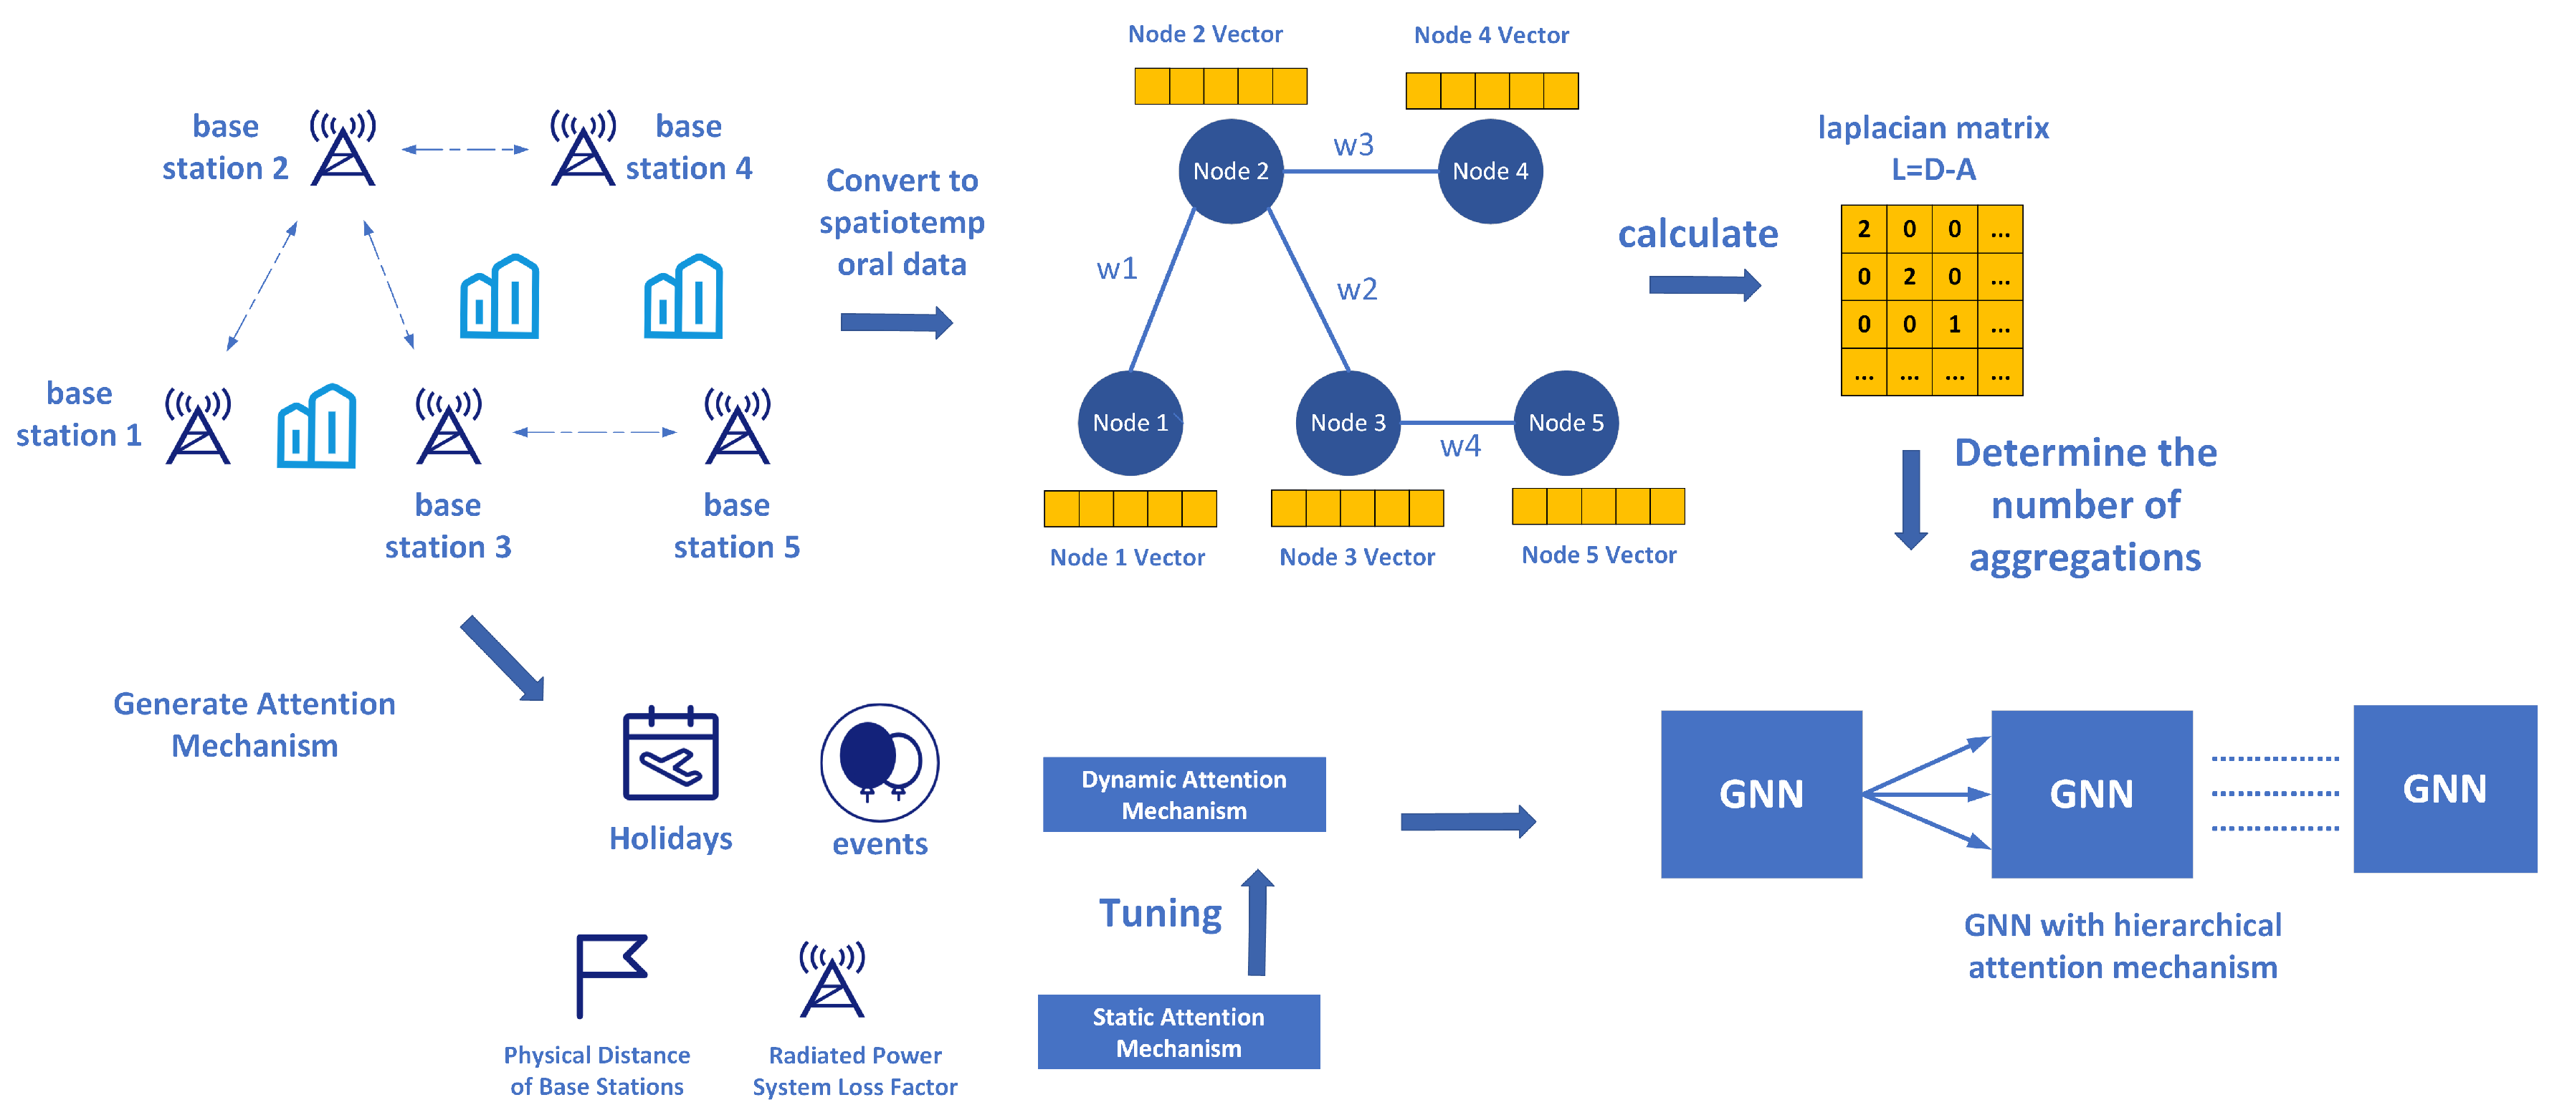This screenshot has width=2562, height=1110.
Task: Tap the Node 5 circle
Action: coord(1566,423)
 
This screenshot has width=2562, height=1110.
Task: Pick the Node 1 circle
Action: coord(1130,423)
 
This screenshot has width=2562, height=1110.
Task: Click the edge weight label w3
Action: coord(1353,145)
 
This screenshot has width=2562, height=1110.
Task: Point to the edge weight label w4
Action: coord(1460,446)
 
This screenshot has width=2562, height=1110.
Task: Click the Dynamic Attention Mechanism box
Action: coord(1184,794)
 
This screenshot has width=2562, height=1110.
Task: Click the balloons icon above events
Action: coord(879,762)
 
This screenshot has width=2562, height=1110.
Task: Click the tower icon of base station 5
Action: coord(737,426)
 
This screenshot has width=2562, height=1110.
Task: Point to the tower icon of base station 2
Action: coord(342,147)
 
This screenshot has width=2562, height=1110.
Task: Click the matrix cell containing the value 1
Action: coord(1954,324)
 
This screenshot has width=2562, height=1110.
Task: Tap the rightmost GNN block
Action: coord(2444,789)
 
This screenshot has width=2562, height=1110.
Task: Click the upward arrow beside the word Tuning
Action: coord(1257,922)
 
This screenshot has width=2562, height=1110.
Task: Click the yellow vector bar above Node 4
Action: coord(1491,90)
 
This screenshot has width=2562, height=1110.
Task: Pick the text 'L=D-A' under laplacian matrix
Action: coord(1933,169)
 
